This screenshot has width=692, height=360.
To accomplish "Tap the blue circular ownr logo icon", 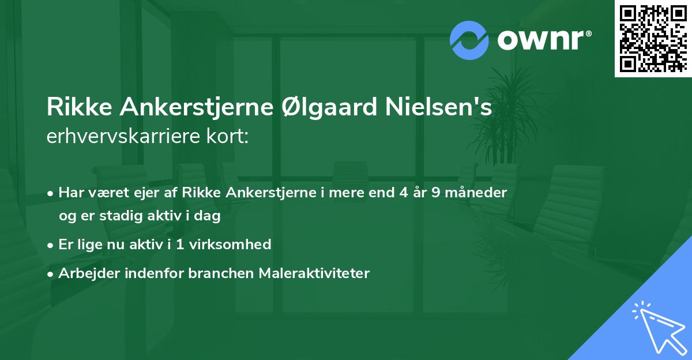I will point(469,40).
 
